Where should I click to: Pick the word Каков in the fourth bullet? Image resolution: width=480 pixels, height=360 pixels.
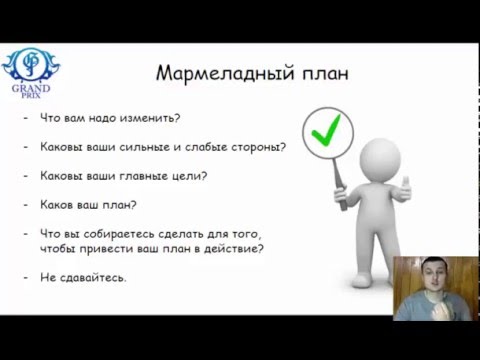(x=55, y=206)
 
